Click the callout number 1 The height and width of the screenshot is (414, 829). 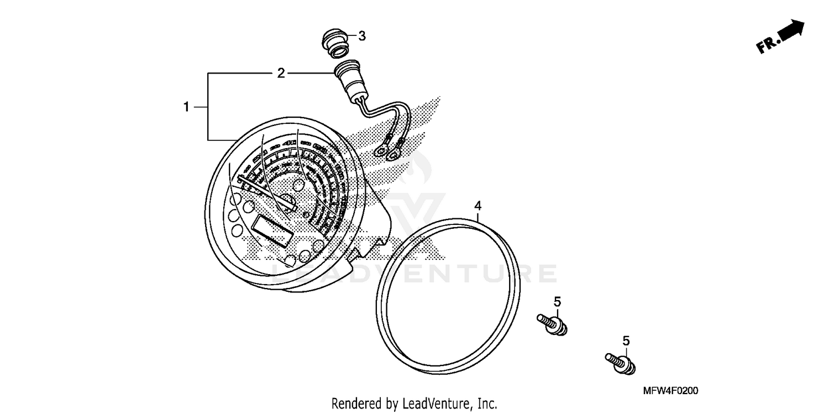pyautogui.click(x=187, y=107)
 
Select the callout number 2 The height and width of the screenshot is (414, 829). pyautogui.click(x=281, y=73)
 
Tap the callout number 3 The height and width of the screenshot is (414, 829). pyautogui.click(x=361, y=36)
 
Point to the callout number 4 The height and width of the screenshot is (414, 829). pyautogui.click(x=478, y=206)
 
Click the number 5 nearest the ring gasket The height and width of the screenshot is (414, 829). pyautogui.click(x=557, y=302)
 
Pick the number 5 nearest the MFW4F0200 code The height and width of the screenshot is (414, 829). pyautogui.click(x=626, y=341)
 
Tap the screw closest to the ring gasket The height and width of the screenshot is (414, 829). pyautogui.click(x=553, y=325)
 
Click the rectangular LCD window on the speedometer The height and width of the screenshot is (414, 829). pyautogui.click(x=272, y=231)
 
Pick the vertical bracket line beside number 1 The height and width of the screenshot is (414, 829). pyautogui.click(x=208, y=106)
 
